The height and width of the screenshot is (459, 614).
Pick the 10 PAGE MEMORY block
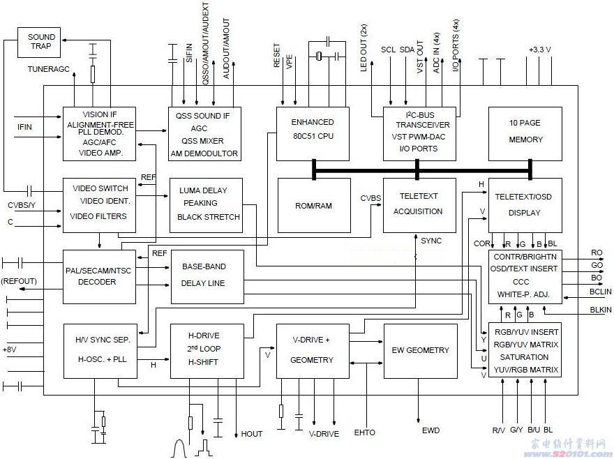(525, 131)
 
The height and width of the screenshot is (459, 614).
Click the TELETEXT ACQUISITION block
(418, 204)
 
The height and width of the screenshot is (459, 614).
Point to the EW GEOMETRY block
(420, 350)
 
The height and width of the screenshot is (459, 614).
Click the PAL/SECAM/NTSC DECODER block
(98, 276)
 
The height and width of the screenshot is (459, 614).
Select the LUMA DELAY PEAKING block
(205, 204)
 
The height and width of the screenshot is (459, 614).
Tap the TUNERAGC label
(49, 70)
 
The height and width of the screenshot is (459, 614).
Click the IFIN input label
(25, 126)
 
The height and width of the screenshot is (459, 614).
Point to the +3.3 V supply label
(539, 50)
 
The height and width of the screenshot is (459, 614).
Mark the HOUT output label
(252, 434)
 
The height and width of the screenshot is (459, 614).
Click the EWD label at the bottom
(430, 430)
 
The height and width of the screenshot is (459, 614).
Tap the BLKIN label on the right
(600, 309)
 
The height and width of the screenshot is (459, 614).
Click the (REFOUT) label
(20, 281)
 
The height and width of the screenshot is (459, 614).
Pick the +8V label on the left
(10, 349)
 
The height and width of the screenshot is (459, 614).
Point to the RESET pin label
(278, 55)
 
